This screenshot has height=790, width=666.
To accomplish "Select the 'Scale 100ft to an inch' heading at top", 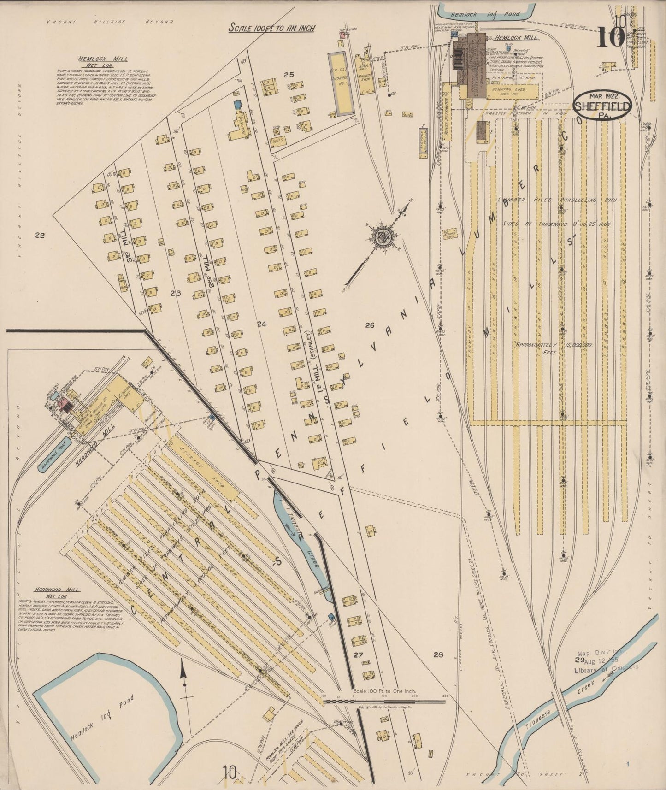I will [272, 28].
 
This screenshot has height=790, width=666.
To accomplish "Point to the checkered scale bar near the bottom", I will [384, 702].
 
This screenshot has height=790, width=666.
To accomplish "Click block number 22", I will [40, 236].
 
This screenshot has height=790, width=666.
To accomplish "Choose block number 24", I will [261, 324].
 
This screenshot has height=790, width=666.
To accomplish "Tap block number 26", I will [369, 325].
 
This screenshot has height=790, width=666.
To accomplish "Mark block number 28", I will [438, 654].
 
